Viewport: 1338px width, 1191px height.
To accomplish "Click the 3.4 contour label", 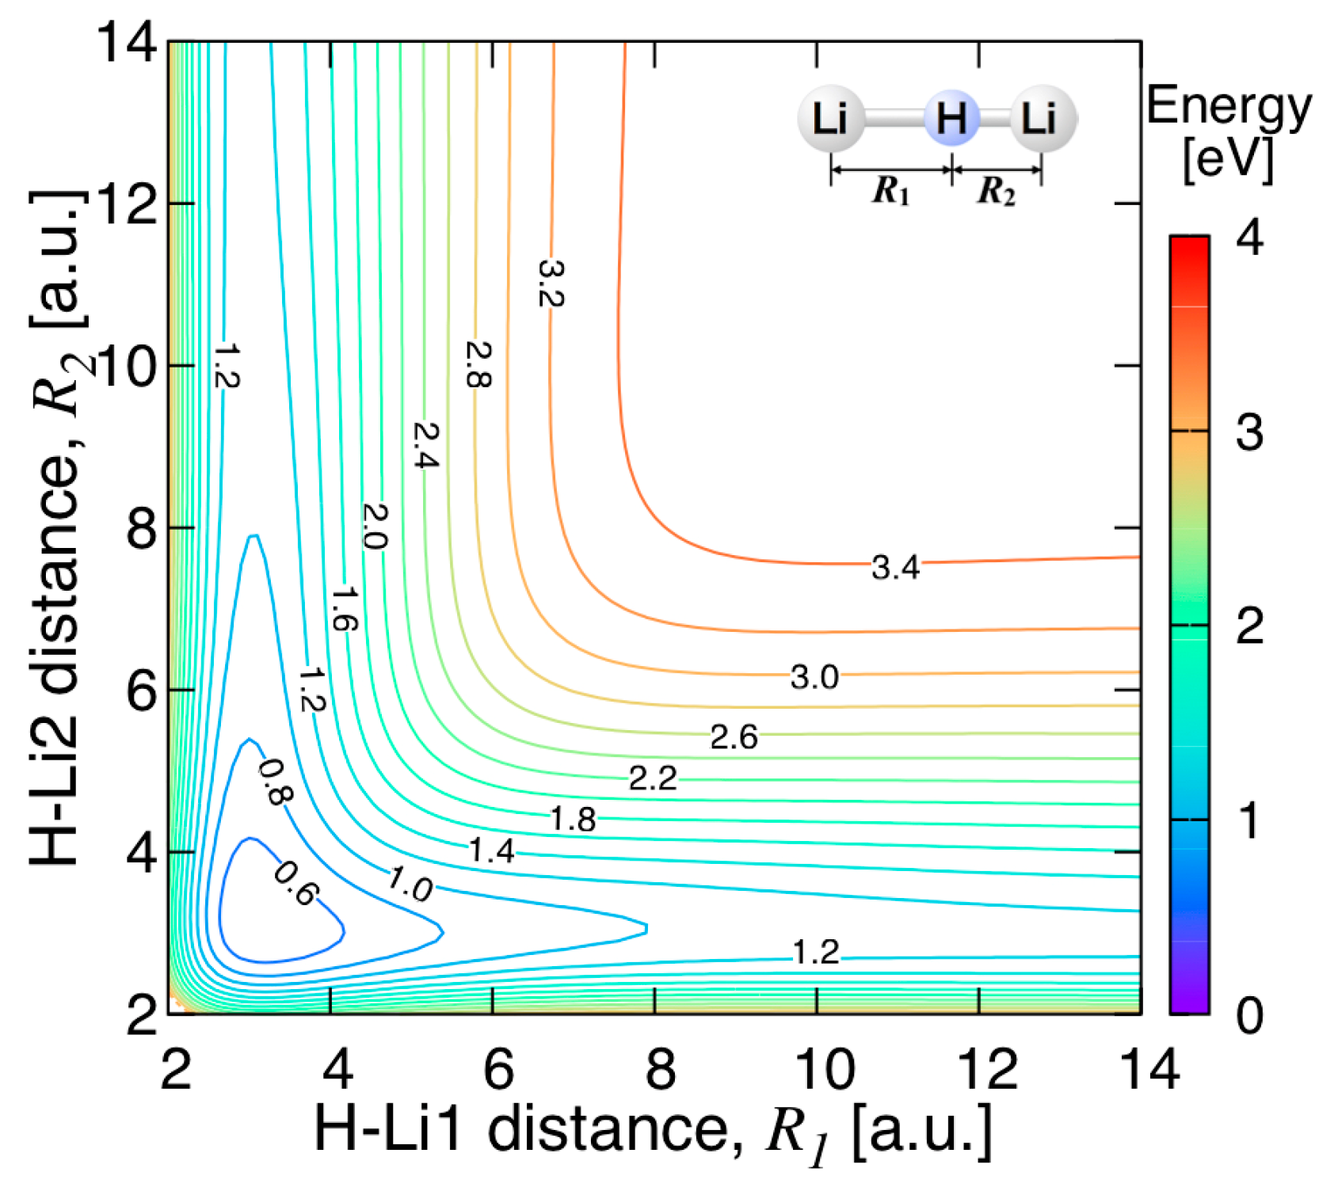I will [x=895, y=567].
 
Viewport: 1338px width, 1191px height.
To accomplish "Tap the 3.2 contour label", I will [x=549, y=283].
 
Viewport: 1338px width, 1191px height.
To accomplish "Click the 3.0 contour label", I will [x=814, y=677].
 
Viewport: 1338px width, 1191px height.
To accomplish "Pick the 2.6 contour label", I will [x=734, y=737].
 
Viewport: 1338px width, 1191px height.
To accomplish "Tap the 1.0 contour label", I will [x=410, y=885].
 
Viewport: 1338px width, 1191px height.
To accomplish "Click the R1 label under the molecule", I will [x=891, y=191].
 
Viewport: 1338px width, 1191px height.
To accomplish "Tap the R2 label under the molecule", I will [x=997, y=191].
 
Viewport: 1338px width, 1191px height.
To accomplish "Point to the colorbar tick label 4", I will [x=1249, y=238].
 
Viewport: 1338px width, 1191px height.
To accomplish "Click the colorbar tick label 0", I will [x=1249, y=1014].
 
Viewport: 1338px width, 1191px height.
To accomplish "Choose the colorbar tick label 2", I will [x=1249, y=626].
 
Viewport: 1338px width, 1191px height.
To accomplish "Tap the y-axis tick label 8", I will [x=142, y=529].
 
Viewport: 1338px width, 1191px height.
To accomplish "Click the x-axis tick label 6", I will [x=499, y=1068].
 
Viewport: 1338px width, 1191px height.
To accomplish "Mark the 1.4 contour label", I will [x=491, y=850].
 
